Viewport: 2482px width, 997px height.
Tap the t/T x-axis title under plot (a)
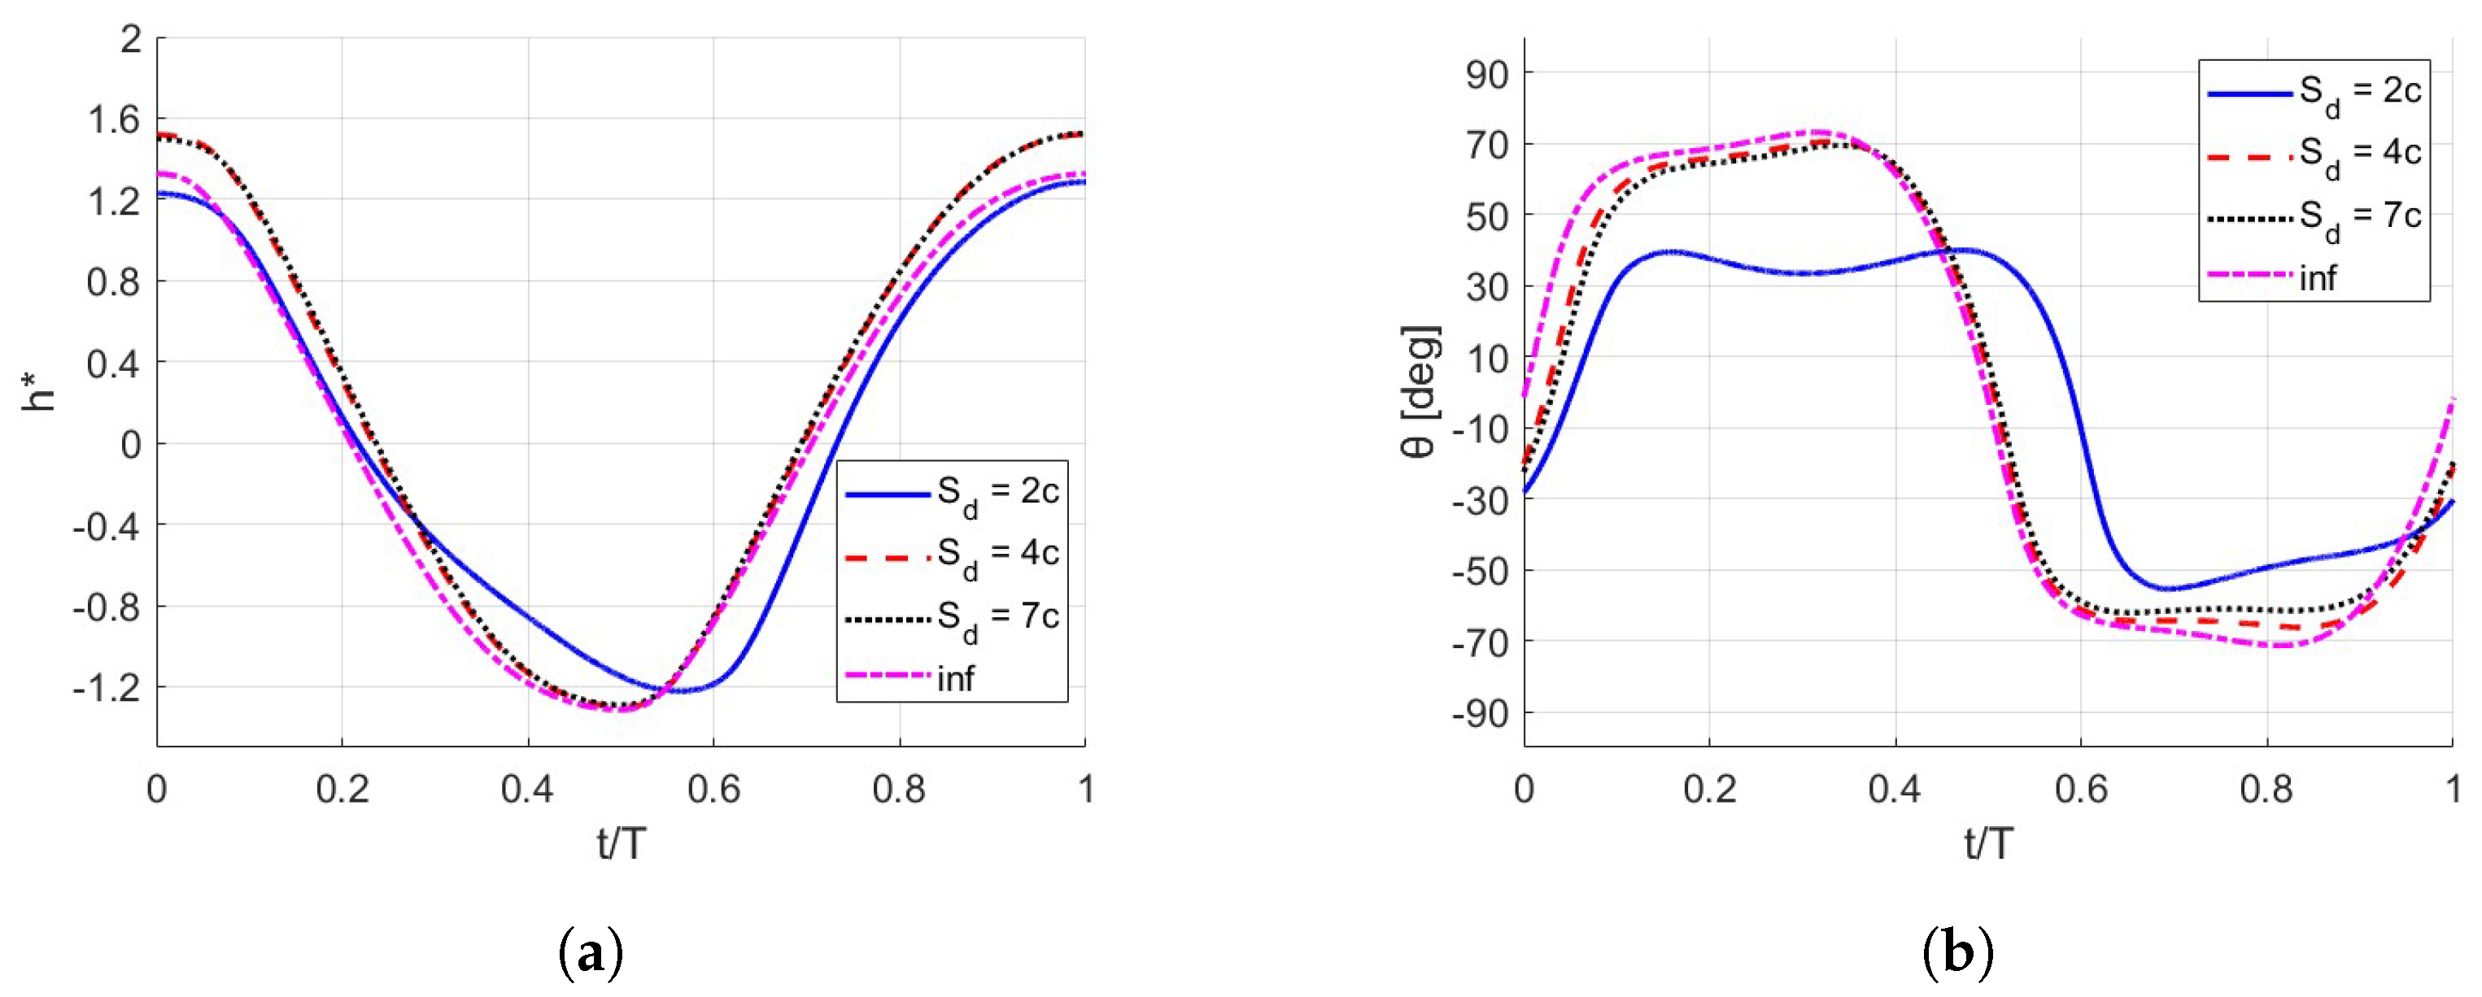click(x=621, y=844)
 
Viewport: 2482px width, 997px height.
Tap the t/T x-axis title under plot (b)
click(x=1987, y=844)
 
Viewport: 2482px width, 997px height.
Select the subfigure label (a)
click(x=591, y=955)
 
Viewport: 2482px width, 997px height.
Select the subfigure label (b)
click(x=1958, y=955)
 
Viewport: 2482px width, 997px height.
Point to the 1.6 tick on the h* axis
click(x=114, y=120)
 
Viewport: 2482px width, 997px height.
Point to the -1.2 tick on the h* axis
click(x=106, y=688)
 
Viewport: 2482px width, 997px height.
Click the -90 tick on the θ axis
click(x=1479, y=713)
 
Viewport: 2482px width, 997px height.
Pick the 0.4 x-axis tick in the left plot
click(x=527, y=790)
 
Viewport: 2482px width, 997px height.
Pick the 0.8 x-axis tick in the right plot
click(x=2266, y=790)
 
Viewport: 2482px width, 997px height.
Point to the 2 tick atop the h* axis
click(x=130, y=40)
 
